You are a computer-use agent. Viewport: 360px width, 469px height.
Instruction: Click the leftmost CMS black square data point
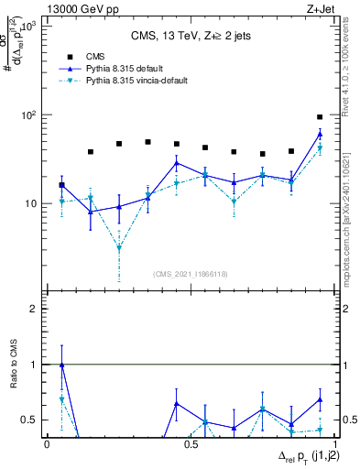(61, 185)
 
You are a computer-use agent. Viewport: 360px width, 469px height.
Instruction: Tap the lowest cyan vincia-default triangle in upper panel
(119, 248)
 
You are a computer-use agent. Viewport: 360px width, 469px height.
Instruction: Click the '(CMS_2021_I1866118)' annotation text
(191, 274)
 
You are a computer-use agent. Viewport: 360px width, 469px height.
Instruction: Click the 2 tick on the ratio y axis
(37, 309)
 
